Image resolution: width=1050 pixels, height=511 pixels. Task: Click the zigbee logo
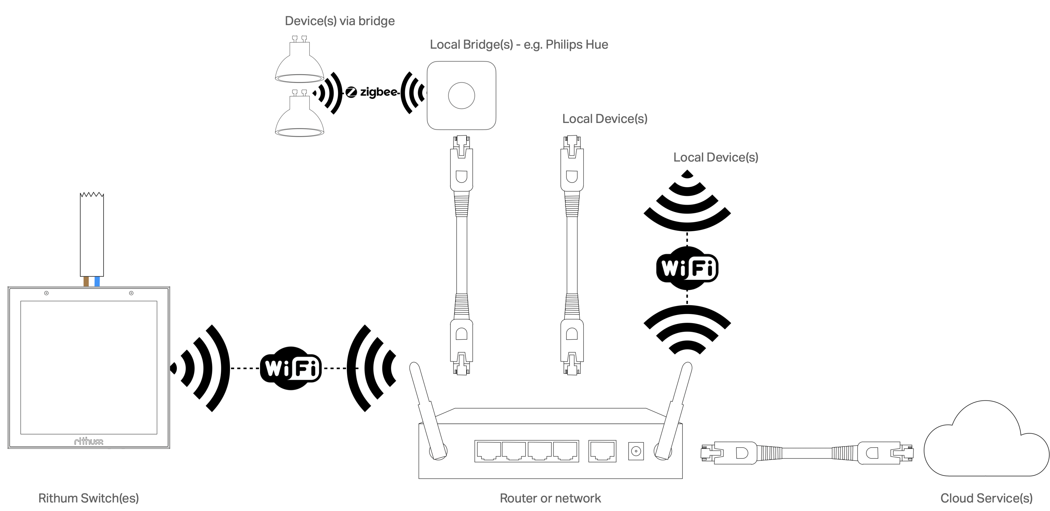(x=371, y=93)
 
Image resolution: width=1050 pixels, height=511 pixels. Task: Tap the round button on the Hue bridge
(x=461, y=96)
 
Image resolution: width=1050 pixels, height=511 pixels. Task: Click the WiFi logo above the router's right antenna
(x=687, y=268)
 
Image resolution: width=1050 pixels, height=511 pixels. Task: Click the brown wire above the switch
(x=86, y=281)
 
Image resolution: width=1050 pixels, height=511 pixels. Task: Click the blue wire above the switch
(x=97, y=281)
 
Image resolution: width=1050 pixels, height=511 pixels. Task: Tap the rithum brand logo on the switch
(x=88, y=441)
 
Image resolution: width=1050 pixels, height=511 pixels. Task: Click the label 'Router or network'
(x=550, y=498)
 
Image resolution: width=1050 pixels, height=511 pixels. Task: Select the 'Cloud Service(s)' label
(x=986, y=498)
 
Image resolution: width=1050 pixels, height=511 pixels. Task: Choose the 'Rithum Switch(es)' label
(x=88, y=498)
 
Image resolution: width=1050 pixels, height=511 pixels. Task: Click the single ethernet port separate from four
(x=602, y=451)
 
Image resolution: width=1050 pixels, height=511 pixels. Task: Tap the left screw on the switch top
(x=46, y=293)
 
